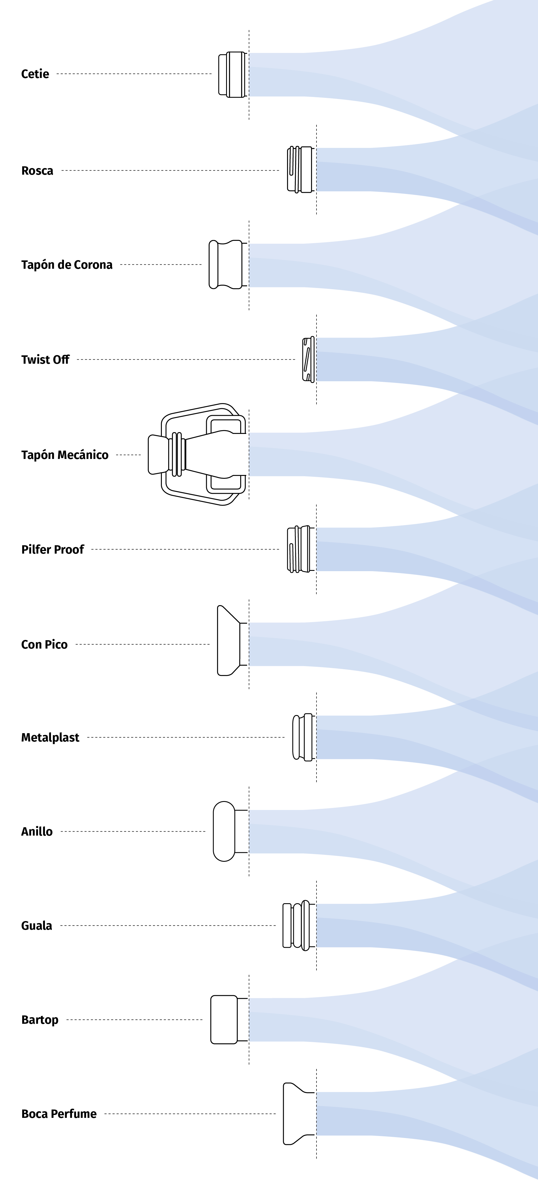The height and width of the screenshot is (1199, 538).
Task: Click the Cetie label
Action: point(35,74)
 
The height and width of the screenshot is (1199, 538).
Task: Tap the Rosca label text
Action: point(37,171)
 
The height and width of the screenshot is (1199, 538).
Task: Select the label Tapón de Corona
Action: point(67,265)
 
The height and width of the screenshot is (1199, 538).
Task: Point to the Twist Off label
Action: point(45,360)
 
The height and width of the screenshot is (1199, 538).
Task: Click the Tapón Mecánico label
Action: point(65,455)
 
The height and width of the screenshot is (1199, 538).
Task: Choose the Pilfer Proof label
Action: point(53,550)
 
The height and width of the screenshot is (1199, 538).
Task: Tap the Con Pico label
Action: point(44,645)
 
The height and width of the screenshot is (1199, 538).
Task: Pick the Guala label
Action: point(36,926)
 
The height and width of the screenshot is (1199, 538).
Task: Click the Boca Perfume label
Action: point(59,1114)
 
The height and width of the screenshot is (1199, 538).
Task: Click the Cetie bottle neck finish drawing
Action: point(232,75)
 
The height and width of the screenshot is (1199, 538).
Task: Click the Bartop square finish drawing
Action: point(225,1019)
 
